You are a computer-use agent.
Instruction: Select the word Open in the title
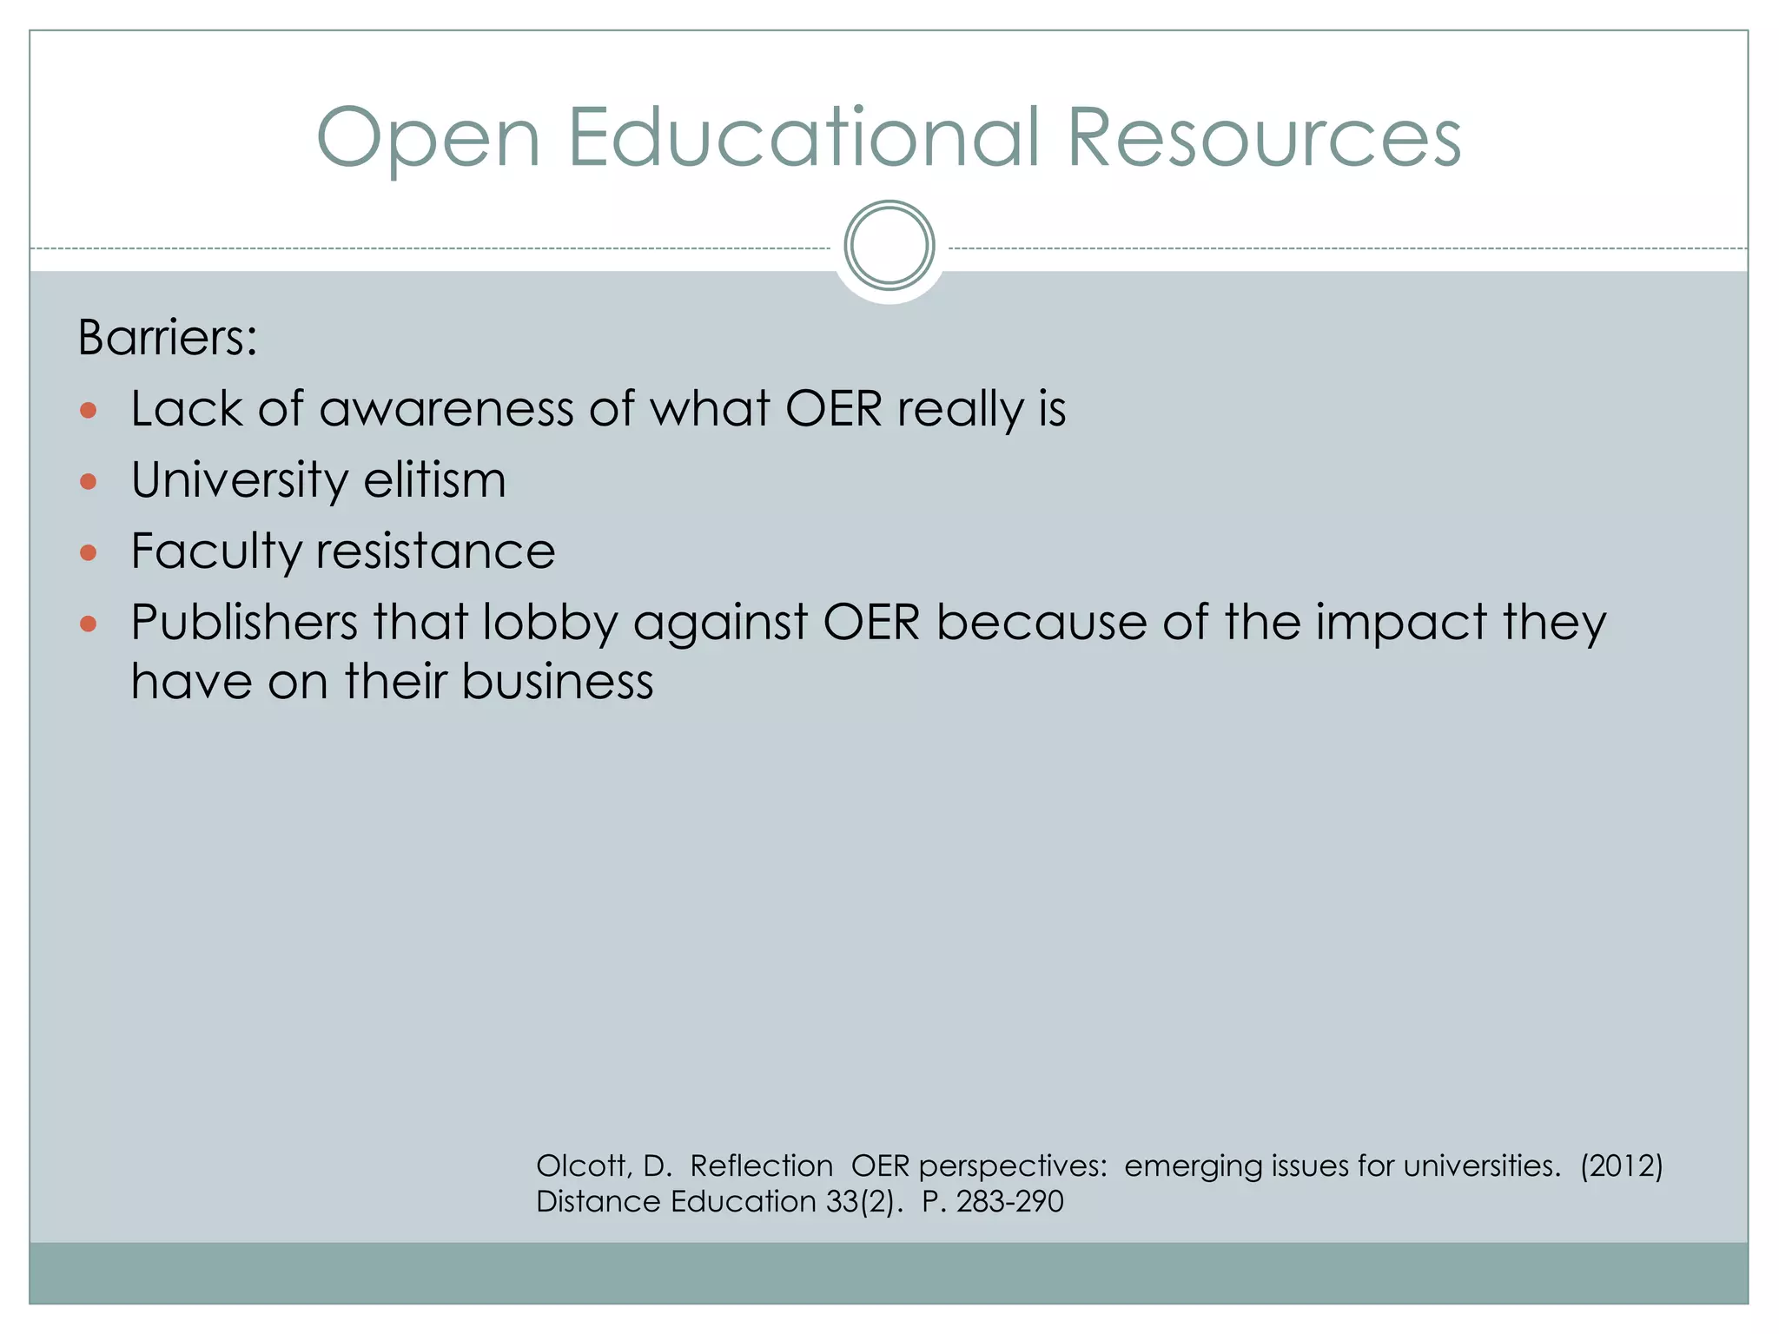pos(429,139)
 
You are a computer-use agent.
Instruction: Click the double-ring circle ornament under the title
pos(889,246)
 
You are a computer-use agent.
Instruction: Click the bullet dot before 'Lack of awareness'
pos(88,410)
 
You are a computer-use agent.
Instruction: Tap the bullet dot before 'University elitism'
pos(88,481)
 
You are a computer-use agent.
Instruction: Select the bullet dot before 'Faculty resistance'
pos(88,552)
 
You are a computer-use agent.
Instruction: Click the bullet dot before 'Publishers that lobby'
pos(88,623)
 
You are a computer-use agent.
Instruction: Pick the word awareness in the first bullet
pos(446,409)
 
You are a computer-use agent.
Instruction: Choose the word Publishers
pos(244,623)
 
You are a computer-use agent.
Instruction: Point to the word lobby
pos(549,624)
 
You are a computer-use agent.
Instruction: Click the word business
pos(557,681)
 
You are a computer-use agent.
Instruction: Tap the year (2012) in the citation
pos(1621,1166)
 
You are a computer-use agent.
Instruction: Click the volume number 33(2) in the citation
pos(864,1202)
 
